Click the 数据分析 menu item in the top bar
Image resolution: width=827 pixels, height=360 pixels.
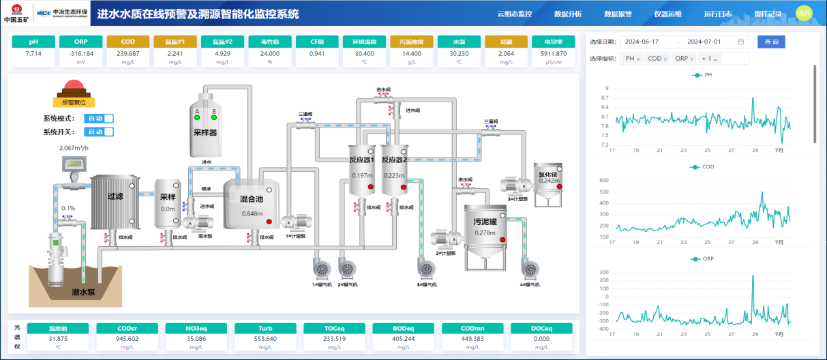[568, 14]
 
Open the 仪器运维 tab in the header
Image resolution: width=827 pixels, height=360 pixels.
[667, 14]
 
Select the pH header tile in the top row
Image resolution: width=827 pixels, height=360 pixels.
[33, 42]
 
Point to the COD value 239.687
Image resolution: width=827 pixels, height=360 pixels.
[128, 53]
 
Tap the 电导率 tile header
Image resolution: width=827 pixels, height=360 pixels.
[553, 42]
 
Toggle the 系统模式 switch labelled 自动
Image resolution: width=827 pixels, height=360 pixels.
[99, 119]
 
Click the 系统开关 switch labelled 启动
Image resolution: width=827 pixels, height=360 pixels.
[99, 132]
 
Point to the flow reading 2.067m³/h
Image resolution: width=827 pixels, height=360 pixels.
[74, 147]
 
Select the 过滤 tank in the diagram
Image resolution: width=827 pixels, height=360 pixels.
[115, 196]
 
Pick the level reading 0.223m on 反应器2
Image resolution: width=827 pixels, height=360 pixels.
[393, 175]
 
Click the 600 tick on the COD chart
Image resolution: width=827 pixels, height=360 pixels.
[603, 180]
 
